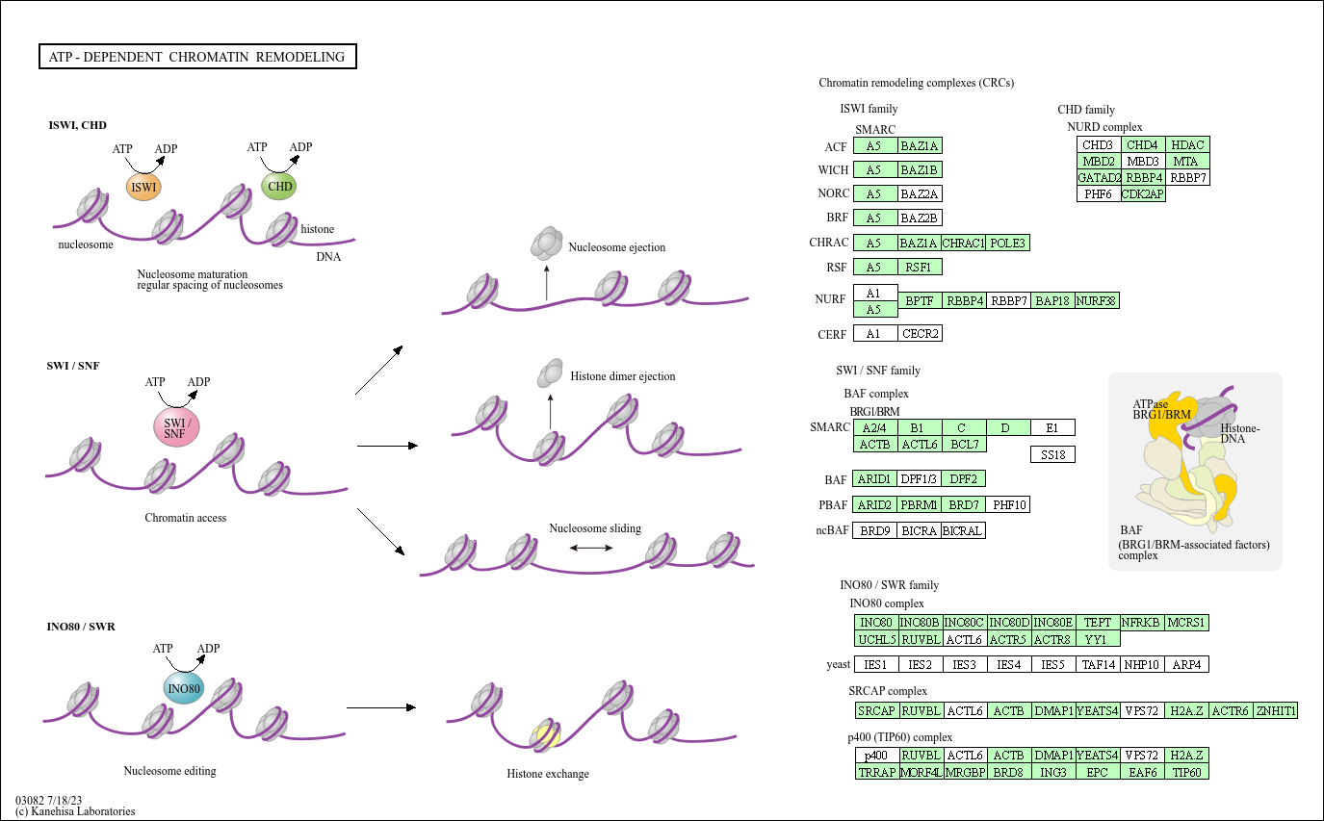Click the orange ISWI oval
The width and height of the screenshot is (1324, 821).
143,188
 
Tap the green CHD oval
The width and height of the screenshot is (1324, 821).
279,186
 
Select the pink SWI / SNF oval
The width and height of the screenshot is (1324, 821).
176,427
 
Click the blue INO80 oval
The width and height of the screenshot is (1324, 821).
183,689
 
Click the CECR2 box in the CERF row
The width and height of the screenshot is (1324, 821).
920,334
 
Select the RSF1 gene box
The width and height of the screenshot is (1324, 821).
920,267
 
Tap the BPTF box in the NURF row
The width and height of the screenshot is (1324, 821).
920,300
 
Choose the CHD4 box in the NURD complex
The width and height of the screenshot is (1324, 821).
1143,144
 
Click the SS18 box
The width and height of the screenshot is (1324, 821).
1052,455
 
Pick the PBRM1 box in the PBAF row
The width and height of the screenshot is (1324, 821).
919,504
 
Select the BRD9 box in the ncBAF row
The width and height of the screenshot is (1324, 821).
874,530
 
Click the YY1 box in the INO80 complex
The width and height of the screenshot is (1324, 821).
1098,639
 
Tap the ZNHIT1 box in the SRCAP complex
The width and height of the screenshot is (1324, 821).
1276,710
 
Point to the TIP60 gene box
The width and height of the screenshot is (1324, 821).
1187,771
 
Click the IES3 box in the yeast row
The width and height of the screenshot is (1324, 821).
965,664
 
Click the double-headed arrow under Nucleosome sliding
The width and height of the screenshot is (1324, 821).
591,548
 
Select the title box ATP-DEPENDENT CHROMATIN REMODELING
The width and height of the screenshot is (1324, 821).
197,57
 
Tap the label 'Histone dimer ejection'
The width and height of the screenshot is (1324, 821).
622,376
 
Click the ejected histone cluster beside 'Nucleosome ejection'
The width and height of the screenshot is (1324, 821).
547,244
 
